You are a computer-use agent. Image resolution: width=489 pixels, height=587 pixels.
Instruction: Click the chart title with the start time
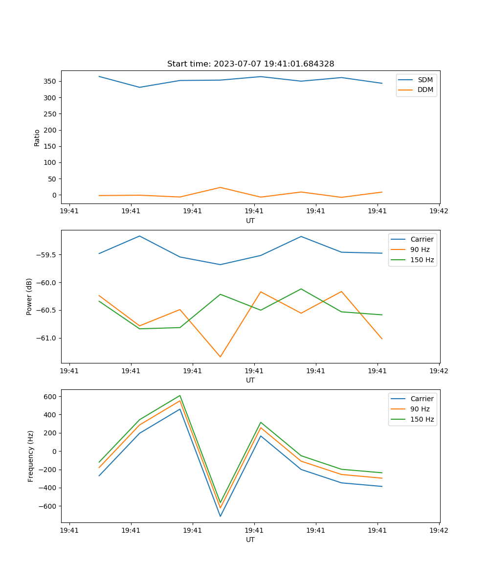(250, 64)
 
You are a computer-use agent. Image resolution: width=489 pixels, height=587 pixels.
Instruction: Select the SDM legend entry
(425, 80)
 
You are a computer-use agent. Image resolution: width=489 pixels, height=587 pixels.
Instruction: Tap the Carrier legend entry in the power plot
(422, 239)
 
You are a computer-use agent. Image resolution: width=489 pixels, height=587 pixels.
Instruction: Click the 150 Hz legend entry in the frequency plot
(422, 419)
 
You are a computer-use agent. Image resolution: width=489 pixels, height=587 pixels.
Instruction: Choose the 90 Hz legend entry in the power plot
(420, 249)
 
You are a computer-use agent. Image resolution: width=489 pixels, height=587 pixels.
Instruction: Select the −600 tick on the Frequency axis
(47, 506)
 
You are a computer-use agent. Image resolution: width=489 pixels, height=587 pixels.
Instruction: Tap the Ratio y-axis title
(37, 137)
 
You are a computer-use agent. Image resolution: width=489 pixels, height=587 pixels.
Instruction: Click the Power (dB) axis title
(29, 296)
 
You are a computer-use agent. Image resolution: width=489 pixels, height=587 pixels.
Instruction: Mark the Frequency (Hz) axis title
(30, 456)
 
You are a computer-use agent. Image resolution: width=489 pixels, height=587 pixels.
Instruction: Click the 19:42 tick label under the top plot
(439, 211)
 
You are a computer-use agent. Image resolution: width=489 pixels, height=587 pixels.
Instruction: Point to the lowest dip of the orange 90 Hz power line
(220, 357)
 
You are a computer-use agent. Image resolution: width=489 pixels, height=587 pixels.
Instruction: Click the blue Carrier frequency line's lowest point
(220, 516)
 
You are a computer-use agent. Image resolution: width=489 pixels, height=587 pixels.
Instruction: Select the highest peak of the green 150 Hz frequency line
(180, 396)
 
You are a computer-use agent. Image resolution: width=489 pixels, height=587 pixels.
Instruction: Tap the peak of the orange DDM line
(220, 187)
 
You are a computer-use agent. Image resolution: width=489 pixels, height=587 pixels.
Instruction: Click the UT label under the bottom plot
(250, 540)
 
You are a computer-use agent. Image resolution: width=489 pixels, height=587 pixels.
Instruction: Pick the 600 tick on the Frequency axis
(50, 397)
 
